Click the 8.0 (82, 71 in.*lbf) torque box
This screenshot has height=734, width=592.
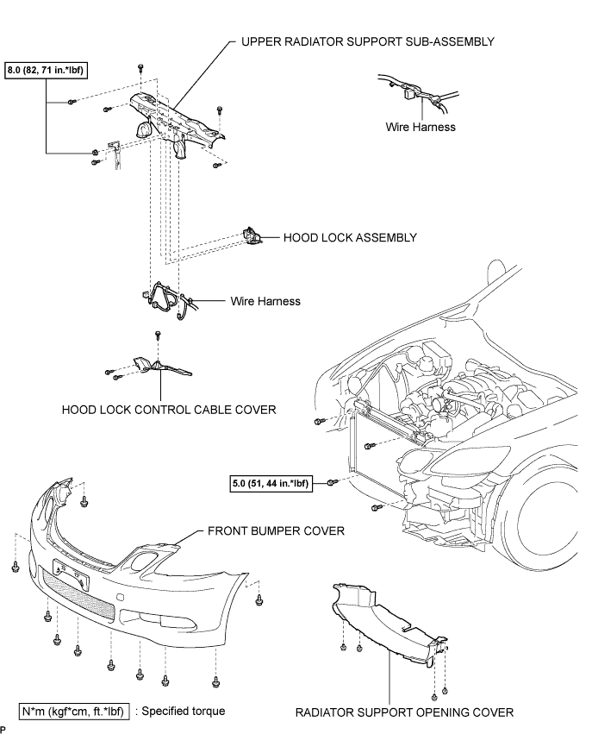(x=46, y=71)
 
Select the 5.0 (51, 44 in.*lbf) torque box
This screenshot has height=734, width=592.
(x=271, y=483)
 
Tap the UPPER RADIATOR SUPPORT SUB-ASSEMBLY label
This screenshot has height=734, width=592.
(x=368, y=41)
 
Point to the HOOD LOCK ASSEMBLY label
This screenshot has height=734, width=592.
(x=350, y=237)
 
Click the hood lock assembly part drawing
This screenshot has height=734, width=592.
(x=252, y=235)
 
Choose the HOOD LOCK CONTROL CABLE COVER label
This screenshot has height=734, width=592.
(x=169, y=410)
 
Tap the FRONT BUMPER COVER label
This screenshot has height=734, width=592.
(x=276, y=530)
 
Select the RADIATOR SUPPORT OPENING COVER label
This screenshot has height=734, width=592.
(x=404, y=712)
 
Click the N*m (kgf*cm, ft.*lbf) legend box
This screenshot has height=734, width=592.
(x=73, y=712)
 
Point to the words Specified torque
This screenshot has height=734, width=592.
(x=184, y=711)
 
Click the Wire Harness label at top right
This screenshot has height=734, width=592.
(x=421, y=127)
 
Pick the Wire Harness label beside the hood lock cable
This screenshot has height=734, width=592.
(x=265, y=301)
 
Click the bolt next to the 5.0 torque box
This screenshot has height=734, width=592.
(x=331, y=483)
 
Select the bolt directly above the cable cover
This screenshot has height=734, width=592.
(x=158, y=335)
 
